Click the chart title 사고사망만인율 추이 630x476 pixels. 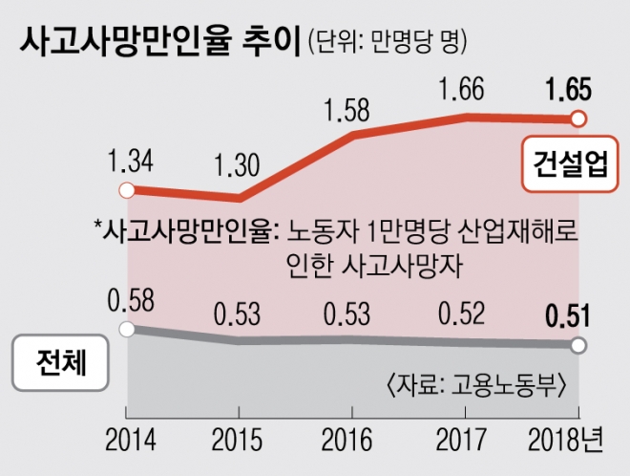pos(158,43)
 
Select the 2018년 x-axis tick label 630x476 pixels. pos(567,442)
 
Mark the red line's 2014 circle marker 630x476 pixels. pos(123,189)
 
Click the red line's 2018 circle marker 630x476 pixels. pos(577,119)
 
